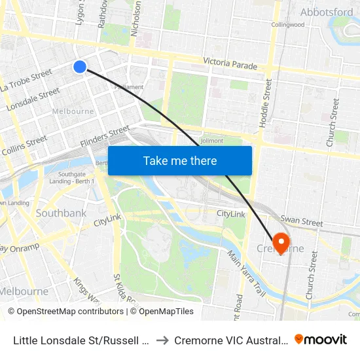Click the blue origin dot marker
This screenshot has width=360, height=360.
click(x=80, y=67)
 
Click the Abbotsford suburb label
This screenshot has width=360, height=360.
click(x=326, y=12)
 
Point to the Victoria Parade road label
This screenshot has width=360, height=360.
click(x=230, y=63)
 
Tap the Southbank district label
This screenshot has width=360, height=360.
click(x=61, y=213)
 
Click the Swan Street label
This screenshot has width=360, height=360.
click(x=301, y=223)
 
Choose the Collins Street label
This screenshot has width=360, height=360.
click(x=24, y=145)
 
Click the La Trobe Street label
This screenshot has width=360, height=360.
click(x=26, y=81)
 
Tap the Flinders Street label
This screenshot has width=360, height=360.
click(x=105, y=137)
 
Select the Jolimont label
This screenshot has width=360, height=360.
click(x=211, y=140)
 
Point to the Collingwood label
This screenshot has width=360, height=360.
click(x=288, y=25)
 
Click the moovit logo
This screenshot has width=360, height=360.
click(x=321, y=339)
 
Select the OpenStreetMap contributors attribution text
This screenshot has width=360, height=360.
click(x=65, y=312)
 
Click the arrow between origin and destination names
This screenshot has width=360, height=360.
click(x=162, y=340)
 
